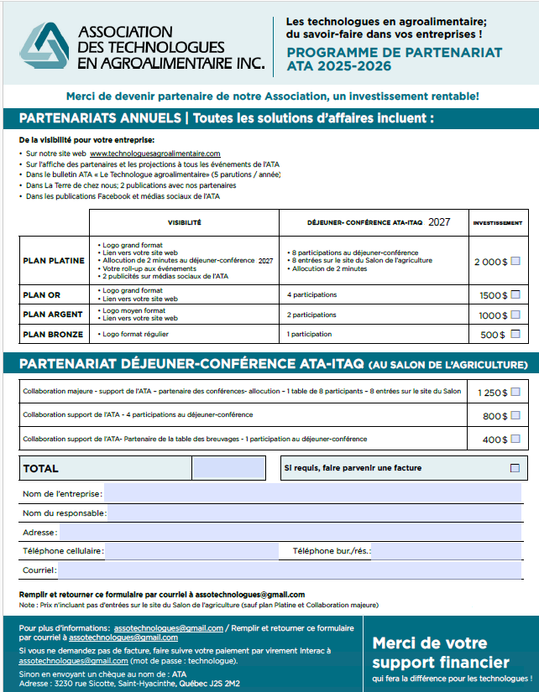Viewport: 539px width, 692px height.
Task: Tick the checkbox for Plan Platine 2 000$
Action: click(515, 262)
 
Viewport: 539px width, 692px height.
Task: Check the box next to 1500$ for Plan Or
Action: click(515, 294)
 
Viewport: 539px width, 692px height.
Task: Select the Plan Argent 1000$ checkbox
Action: click(515, 315)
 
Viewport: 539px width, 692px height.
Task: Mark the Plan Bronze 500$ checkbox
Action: click(515, 335)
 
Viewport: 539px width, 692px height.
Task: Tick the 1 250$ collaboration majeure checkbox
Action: click(515, 392)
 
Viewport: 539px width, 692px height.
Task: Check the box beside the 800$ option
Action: click(515, 415)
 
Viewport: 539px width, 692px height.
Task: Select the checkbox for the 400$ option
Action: click(515, 439)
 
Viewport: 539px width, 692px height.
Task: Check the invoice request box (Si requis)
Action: click(515, 468)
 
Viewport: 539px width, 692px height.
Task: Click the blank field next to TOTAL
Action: click(228, 468)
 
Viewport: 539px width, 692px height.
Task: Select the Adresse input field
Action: click(290, 533)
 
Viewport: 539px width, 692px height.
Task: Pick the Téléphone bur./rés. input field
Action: click(445, 551)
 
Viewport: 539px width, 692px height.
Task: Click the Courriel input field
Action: click(289, 570)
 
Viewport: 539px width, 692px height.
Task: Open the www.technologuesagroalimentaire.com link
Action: click(154, 153)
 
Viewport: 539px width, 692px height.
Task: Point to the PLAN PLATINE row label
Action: click(54, 261)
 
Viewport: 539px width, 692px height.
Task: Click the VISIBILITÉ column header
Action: click(184, 223)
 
